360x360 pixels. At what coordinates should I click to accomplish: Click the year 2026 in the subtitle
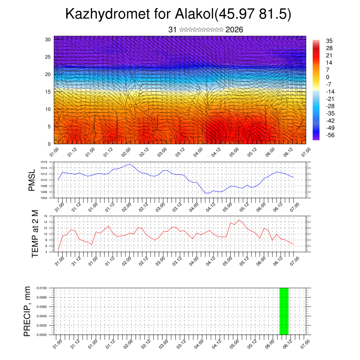tap(234, 30)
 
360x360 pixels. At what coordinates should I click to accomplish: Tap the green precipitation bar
tap(284, 311)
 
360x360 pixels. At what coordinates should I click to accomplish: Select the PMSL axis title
tap(32, 180)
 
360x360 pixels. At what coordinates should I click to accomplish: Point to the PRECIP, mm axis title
tap(27, 311)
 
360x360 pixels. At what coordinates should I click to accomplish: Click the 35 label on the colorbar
tap(329, 41)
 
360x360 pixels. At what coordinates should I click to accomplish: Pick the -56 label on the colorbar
tap(331, 135)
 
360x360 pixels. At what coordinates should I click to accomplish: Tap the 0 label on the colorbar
tap(328, 77)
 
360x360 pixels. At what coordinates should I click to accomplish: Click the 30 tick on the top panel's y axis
tap(48, 39)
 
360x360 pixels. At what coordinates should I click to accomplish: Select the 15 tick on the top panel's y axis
tap(48, 92)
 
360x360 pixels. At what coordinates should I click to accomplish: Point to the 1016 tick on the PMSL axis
tap(44, 162)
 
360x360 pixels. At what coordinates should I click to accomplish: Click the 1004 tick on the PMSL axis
tap(44, 198)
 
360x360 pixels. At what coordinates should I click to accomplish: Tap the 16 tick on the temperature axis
tap(45, 216)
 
